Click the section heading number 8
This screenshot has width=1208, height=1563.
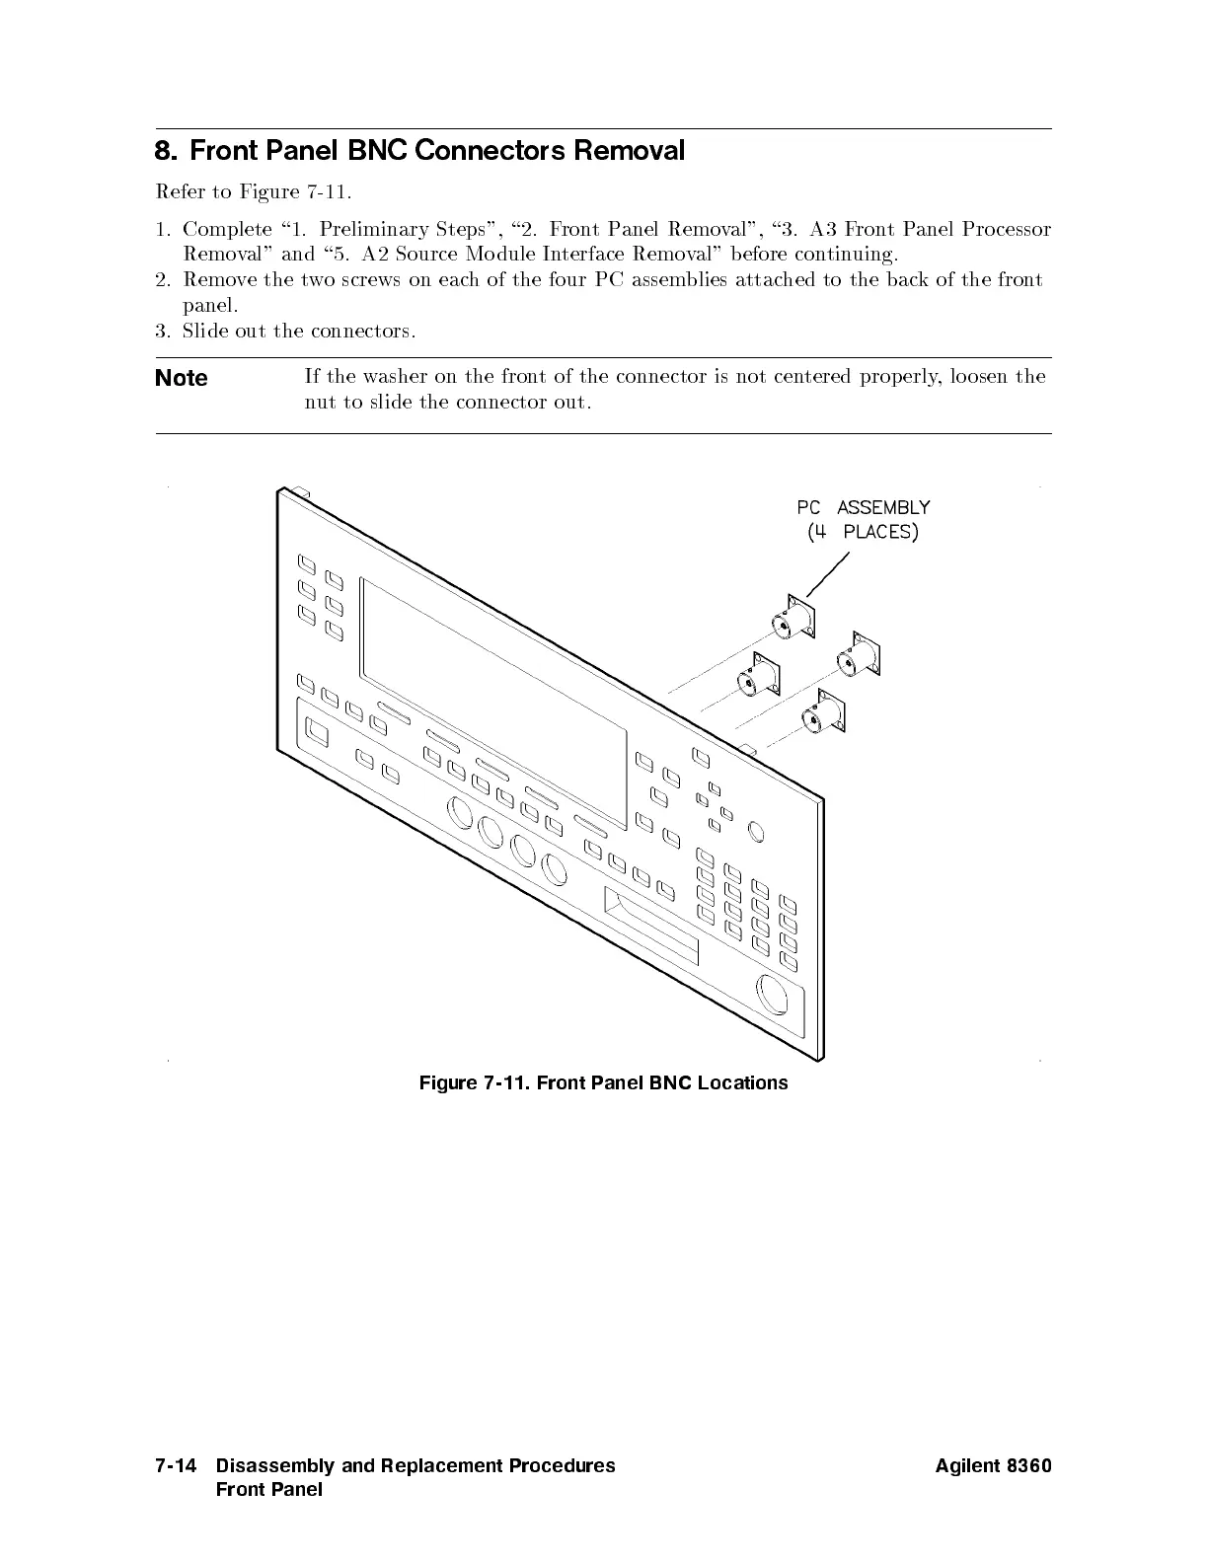coord(166,151)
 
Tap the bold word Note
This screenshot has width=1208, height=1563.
coord(182,378)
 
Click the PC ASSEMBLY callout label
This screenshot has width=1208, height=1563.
coord(863,507)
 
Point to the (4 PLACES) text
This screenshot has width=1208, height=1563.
coord(863,532)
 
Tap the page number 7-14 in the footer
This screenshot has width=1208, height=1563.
coord(178,1465)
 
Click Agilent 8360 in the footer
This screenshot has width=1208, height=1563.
coord(993,1465)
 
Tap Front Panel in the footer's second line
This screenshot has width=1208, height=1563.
coord(268,1489)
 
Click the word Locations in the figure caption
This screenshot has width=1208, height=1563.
coord(742,1082)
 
